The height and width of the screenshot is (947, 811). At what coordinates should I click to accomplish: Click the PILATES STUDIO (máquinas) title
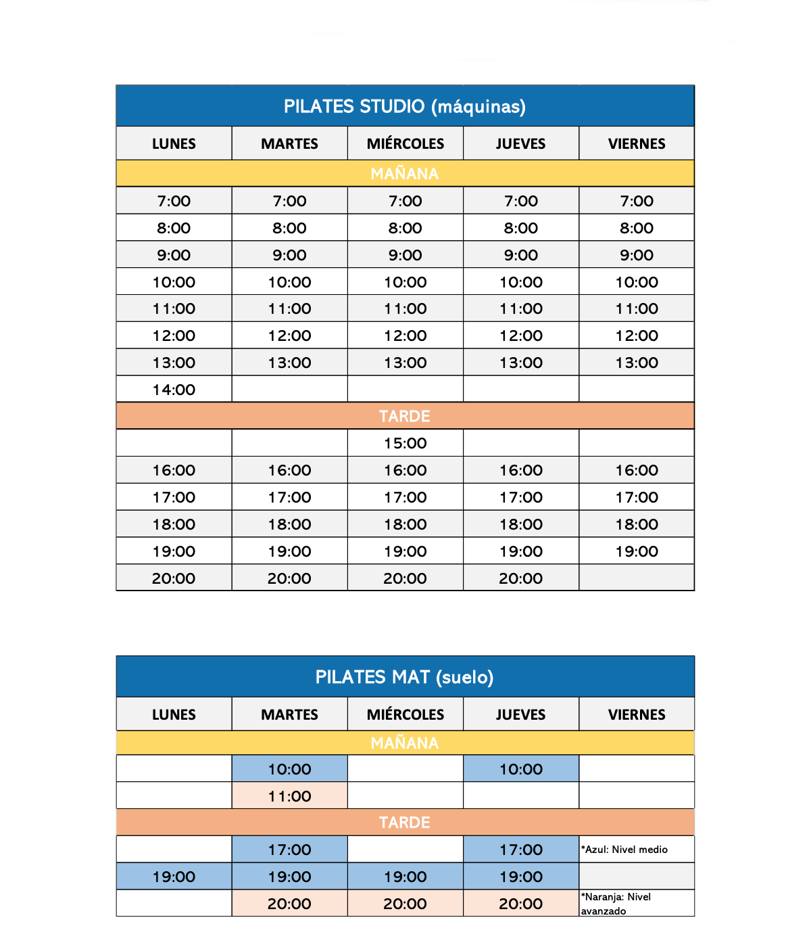click(405, 106)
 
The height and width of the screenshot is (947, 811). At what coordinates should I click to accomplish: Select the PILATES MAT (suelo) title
click(405, 677)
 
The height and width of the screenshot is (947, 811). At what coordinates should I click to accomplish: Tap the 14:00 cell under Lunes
click(174, 390)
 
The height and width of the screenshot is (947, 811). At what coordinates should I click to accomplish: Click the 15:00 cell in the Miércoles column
click(405, 443)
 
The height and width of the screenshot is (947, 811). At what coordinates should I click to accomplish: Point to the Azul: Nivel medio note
click(626, 850)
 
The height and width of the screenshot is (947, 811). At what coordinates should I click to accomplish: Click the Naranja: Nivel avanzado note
click(616, 904)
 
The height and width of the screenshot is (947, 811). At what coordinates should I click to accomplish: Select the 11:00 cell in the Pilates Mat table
click(289, 796)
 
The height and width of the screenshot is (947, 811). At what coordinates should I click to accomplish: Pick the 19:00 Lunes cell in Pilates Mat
click(174, 877)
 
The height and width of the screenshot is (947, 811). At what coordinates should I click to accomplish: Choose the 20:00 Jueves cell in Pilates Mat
click(521, 904)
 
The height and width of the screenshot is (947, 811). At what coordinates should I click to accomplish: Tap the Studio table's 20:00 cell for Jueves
click(521, 578)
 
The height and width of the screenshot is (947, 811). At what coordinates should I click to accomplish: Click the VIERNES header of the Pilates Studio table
click(637, 143)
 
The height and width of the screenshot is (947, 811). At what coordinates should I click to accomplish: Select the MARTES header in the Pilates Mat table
click(289, 714)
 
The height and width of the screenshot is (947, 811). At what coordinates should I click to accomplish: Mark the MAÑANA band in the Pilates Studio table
click(405, 174)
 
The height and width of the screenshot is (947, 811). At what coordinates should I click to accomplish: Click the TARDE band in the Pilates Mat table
click(405, 823)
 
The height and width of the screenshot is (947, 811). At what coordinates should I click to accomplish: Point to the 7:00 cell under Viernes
click(637, 201)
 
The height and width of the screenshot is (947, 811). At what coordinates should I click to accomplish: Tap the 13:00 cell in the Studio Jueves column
click(521, 363)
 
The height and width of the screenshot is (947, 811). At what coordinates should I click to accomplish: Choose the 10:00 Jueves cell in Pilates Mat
click(521, 769)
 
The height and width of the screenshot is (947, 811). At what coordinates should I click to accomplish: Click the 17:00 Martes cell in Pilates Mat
click(289, 850)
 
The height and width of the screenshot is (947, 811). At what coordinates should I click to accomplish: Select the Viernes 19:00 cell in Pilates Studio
click(637, 551)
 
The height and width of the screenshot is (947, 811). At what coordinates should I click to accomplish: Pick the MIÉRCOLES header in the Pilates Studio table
click(405, 143)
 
